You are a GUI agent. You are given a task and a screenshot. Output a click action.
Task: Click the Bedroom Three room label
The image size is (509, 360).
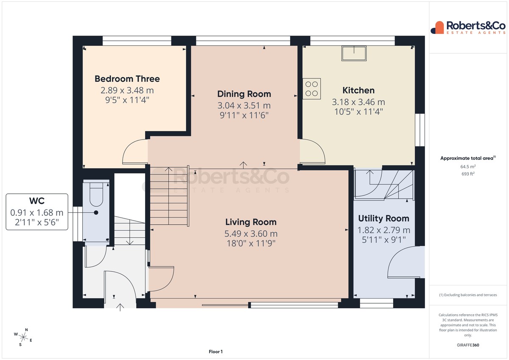click(127, 79)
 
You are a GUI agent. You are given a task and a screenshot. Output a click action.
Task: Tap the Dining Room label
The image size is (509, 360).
click(244, 94)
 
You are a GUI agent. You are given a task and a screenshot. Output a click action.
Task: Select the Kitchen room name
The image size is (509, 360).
click(358, 90)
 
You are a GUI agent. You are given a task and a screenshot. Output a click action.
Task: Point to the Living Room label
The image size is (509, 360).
click(251, 222)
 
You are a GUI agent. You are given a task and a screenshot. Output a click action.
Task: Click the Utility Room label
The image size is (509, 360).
click(383, 218)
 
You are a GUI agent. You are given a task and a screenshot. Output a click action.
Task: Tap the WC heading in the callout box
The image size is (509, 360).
click(37, 201)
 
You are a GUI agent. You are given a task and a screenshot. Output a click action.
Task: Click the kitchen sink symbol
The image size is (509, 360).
click(354, 53)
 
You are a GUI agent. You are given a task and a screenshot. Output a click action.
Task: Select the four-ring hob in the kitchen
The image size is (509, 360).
click(311, 89)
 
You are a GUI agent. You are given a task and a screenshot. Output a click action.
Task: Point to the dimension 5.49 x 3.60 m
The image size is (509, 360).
click(251, 234)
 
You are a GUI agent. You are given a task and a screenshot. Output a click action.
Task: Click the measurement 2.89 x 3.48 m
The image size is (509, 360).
click(127, 90)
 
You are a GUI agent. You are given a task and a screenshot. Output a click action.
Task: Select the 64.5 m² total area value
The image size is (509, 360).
click(468, 167)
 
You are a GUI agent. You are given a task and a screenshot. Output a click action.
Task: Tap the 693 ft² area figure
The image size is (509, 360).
click(468, 174)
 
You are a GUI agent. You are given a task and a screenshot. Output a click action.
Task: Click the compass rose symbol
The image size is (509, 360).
click(23, 337)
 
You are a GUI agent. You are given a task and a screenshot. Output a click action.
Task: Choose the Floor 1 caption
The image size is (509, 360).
click(215, 352)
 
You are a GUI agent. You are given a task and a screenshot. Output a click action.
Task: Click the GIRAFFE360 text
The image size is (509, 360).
click(468, 345)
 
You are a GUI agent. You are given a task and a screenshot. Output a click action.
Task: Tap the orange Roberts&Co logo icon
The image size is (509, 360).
click(437, 28)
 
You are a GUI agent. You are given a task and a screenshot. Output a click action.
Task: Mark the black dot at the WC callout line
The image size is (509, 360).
click(96, 212)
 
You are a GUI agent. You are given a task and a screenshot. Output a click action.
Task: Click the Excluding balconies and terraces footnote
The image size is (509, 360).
click(468, 295)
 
